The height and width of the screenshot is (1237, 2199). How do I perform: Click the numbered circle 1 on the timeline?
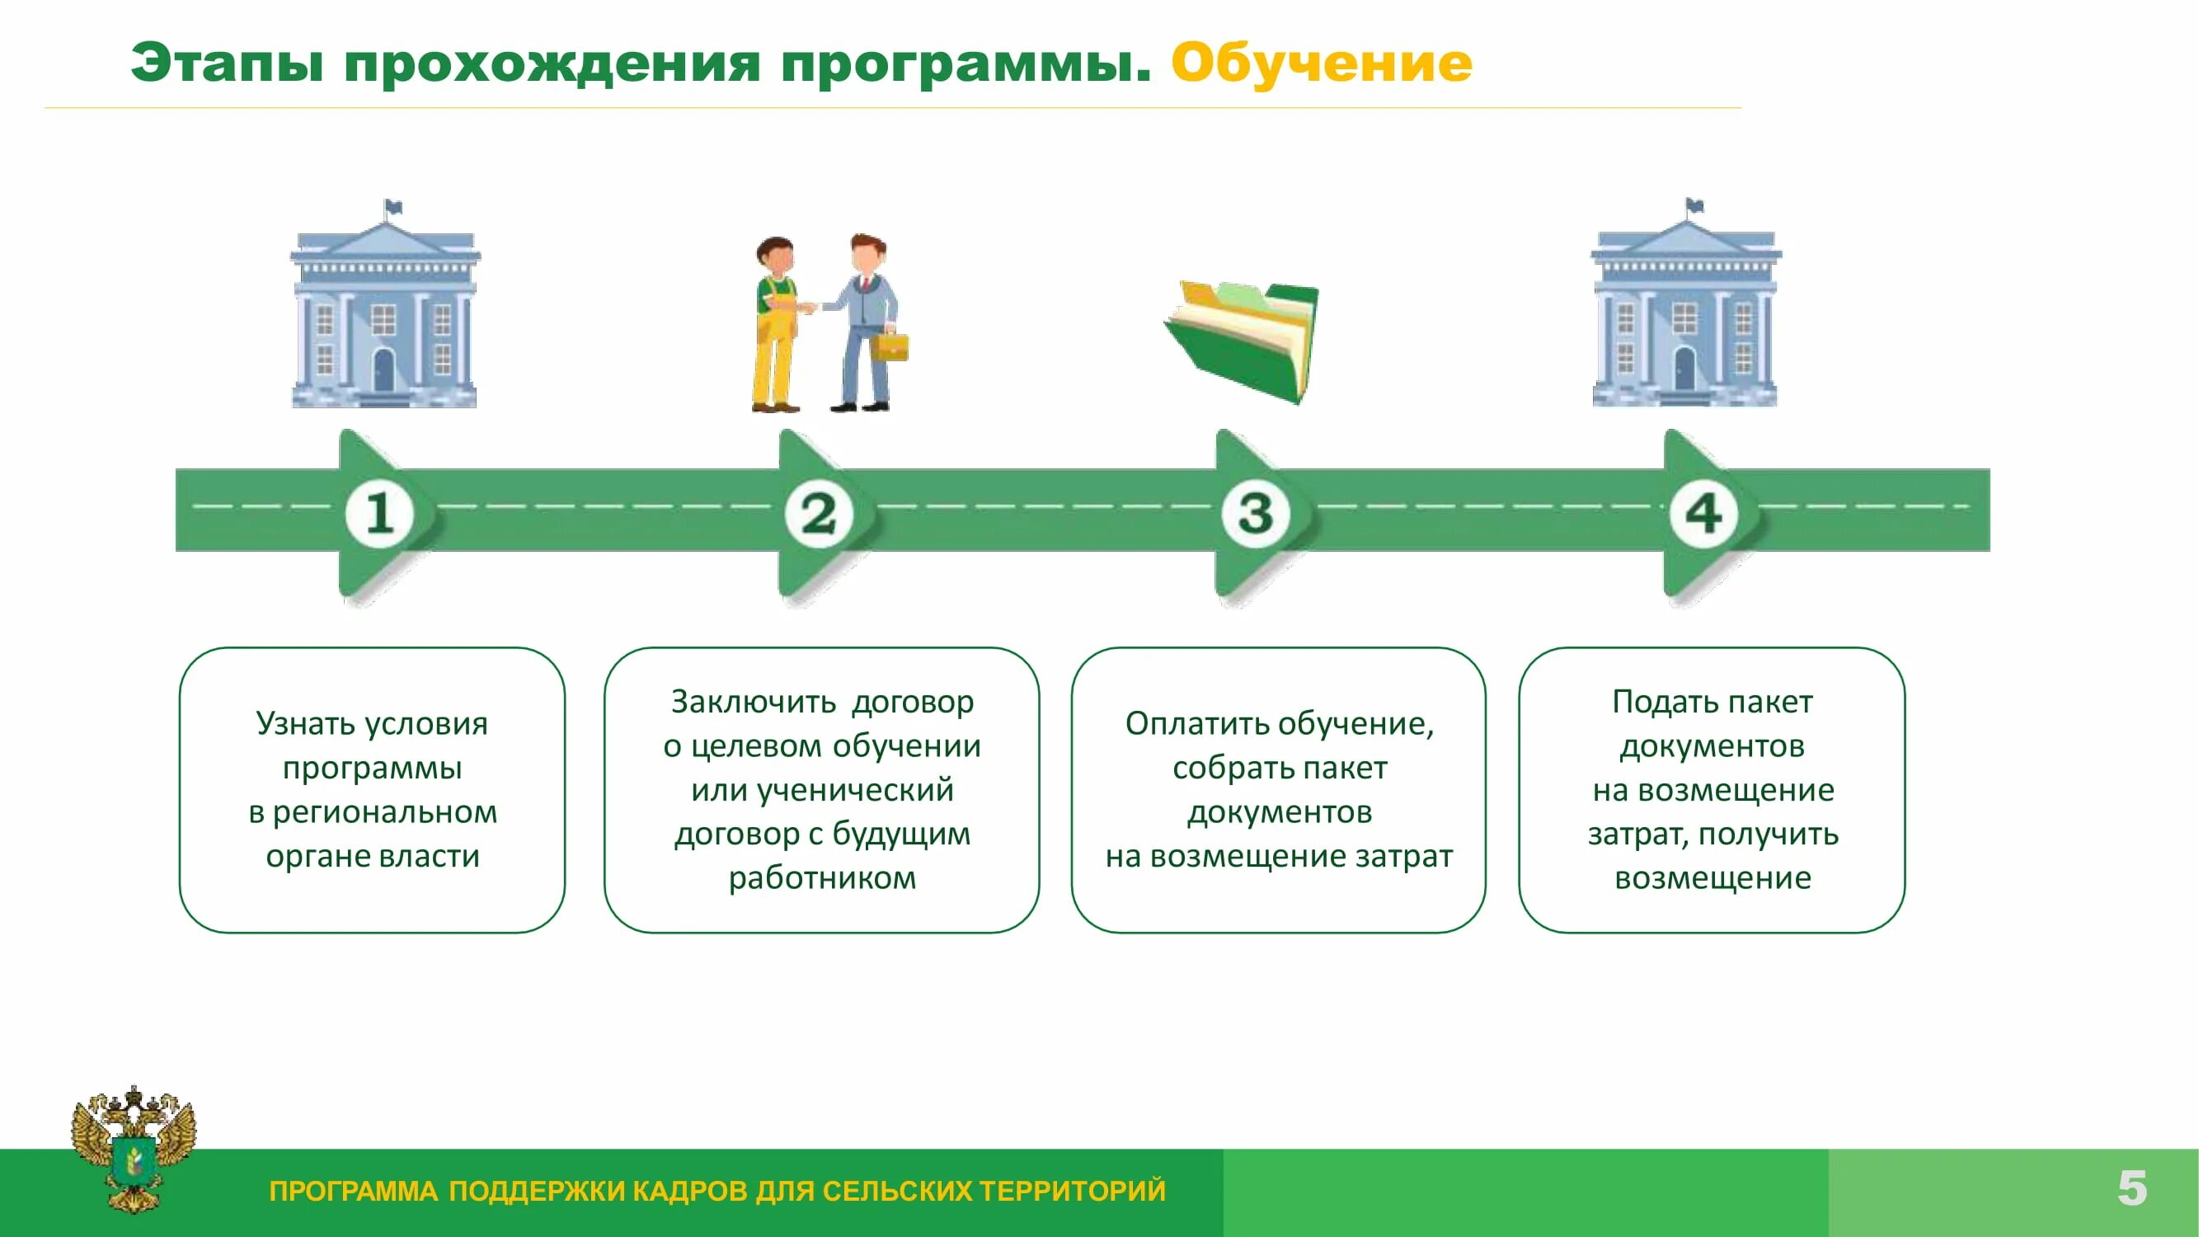(380, 514)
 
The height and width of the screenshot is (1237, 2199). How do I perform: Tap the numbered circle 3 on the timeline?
(1256, 514)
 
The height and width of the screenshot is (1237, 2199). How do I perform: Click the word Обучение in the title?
(1322, 63)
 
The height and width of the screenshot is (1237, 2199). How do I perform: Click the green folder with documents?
(1243, 341)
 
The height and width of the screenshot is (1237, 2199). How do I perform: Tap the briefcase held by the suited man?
(890, 346)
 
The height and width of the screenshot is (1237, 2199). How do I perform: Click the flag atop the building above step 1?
(393, 207)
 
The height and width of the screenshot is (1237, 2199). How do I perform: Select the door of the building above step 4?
(1684, 369)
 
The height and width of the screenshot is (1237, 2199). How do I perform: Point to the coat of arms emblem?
(134, 1148)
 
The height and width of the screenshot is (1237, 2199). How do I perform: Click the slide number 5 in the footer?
(2131, 1188)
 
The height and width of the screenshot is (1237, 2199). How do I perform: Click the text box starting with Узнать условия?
(372, 790)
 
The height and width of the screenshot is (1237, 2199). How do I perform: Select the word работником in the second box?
(822, 877)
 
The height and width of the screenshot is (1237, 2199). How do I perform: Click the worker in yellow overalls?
(775, 324)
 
